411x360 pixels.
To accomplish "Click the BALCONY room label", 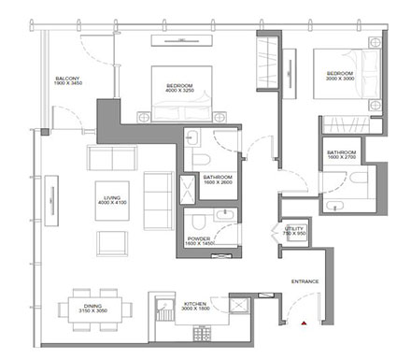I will tap(66, 79).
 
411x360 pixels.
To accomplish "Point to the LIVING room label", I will tap(114, 196).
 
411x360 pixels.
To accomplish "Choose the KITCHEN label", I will tap(194, 304).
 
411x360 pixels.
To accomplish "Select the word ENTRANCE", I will tap(305, 281).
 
